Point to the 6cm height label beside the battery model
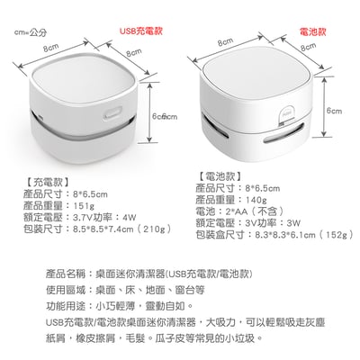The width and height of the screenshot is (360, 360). (x=334, y=111)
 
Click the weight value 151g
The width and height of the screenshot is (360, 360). (x=83, y=204)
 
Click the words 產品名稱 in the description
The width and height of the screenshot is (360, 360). (x=67, y=273)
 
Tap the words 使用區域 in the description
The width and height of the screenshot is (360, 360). (x=67, y=291)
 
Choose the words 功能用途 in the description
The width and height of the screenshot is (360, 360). (x=67, y=308)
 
